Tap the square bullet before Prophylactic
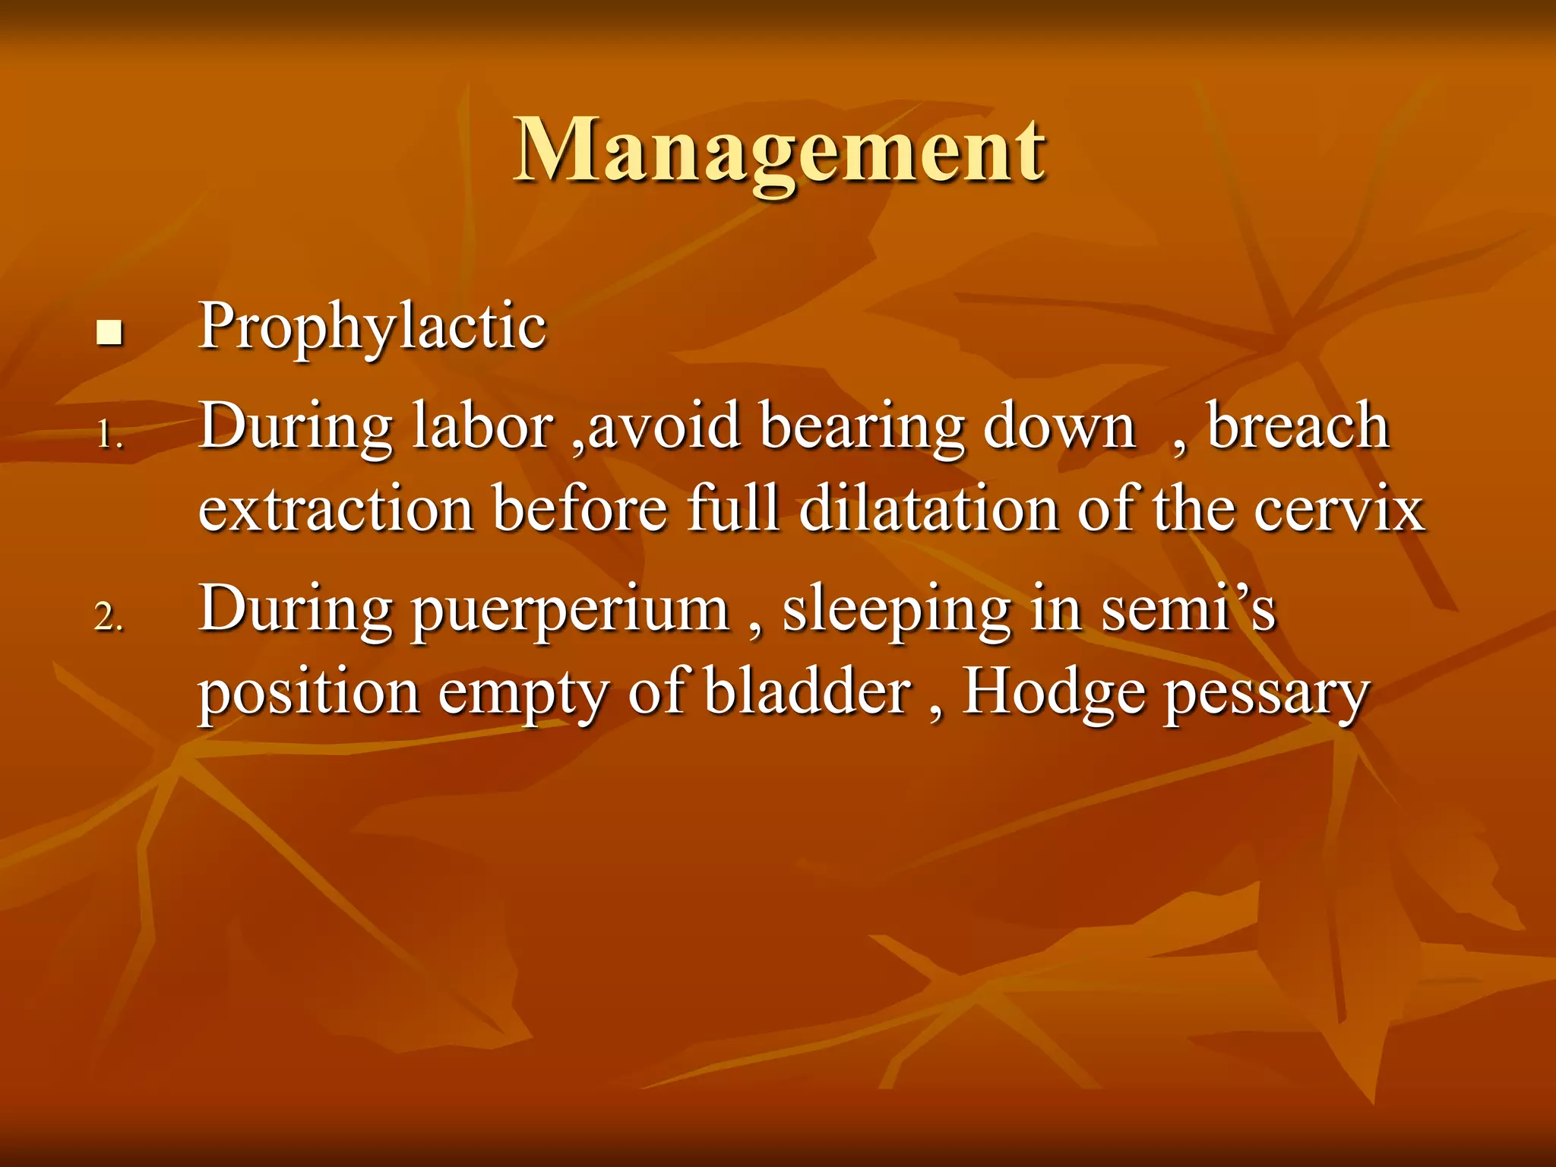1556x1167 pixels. pyautogui.click(x=110, y=333)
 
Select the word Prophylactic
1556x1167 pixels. pyautogui.click(x=372, y=327)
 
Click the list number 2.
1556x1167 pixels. pyautogui.click(x=109, y=616)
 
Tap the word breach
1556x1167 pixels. pyautogui.click(x=1298, y=427)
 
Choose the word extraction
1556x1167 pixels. pyautogui.click(x=337, y=509)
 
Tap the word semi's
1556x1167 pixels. pyautogui.click(x=1188, y=610)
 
